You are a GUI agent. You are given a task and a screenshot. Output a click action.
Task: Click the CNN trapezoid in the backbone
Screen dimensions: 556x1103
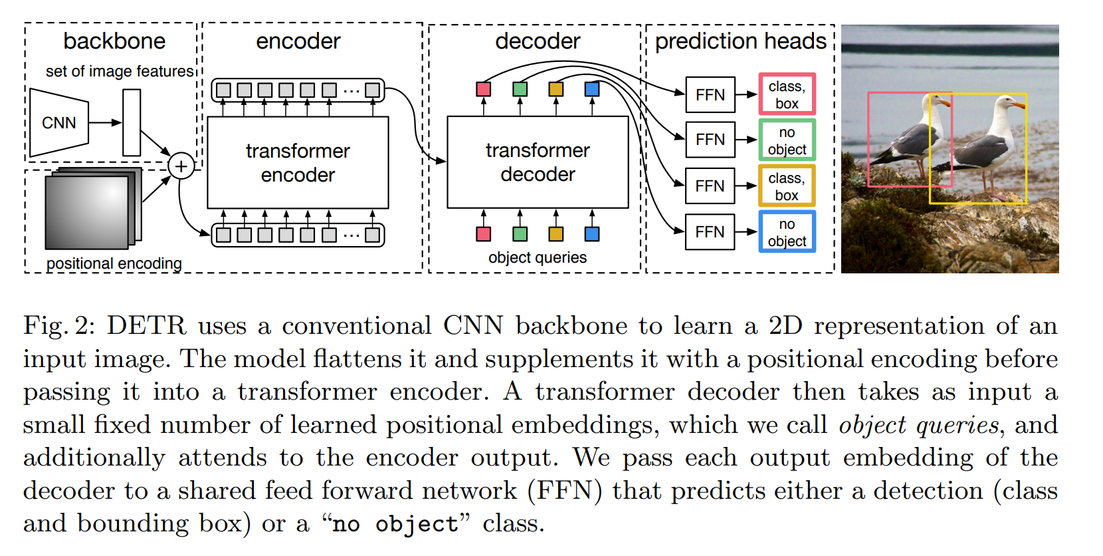pos(58,123)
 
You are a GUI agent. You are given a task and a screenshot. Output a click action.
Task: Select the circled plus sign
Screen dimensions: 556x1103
pos(181,166)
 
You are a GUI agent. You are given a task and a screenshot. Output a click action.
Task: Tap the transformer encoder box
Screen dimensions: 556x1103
pos(298,163)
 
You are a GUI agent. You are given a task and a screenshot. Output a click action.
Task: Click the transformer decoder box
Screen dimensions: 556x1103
pos(538,162)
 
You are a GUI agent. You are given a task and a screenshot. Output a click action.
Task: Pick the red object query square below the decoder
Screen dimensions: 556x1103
pos(484,233)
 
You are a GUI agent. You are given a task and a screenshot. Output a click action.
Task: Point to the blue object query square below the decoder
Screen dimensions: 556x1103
pos(592,233)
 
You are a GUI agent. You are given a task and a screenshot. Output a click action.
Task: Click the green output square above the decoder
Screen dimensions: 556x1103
pos(520,89)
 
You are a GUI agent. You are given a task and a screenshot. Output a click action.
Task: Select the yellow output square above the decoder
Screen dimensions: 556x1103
pos(556,89)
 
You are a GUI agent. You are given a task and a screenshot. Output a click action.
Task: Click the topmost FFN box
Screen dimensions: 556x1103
pos(710,95)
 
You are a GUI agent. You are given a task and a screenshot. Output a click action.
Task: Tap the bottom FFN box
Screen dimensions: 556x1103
pos(710,232)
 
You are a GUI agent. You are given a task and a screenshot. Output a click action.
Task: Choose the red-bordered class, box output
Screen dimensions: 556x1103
pos(787,94)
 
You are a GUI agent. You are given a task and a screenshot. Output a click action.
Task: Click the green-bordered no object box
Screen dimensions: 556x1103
pos(787,140)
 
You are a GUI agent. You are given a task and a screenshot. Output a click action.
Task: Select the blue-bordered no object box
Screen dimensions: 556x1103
pos(787,232)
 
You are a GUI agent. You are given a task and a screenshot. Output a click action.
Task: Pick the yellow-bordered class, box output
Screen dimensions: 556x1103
pos(787,186)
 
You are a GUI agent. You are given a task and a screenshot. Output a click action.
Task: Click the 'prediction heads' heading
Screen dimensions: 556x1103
pos(740,41)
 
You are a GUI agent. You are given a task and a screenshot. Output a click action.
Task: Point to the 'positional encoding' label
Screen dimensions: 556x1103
pos(114,263)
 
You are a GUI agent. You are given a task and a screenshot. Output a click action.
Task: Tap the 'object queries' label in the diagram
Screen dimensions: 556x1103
pos(538,257)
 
